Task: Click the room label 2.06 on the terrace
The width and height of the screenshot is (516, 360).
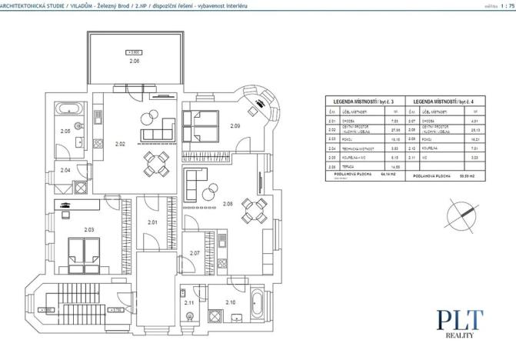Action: pyautogui.click(x=135, y=60)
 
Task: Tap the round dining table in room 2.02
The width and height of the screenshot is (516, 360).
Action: pyautogui.click(x=157, y=163)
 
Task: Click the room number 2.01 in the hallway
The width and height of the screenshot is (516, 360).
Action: pyautogui.click(x=151, y=223)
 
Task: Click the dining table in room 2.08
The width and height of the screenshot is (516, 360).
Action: pyautogui.click(x=253, y=208)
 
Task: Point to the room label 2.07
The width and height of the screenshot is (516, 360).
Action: pyautogui.click(x=195, y=252)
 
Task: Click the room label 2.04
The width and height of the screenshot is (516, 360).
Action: pyautogui.click(x=66, y=169)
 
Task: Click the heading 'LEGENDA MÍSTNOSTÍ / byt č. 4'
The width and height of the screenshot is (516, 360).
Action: pyautogui.click(x=448, y=102)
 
